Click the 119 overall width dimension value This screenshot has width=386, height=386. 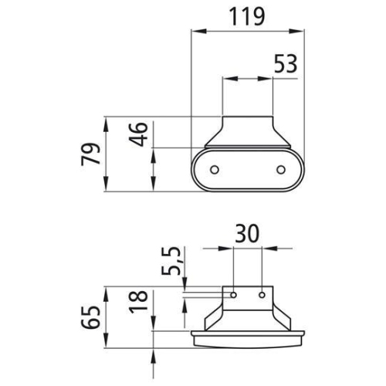(247, 15)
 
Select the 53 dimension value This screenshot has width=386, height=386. (285, 64)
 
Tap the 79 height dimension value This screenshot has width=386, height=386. (91, 154)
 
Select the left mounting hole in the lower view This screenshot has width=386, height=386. (234, 293)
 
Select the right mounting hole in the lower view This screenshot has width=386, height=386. (262, 293)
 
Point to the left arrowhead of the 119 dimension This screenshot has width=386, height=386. (195, 32)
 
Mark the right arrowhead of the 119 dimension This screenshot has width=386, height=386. (300, 32)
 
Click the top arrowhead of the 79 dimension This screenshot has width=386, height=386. (105, 121)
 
